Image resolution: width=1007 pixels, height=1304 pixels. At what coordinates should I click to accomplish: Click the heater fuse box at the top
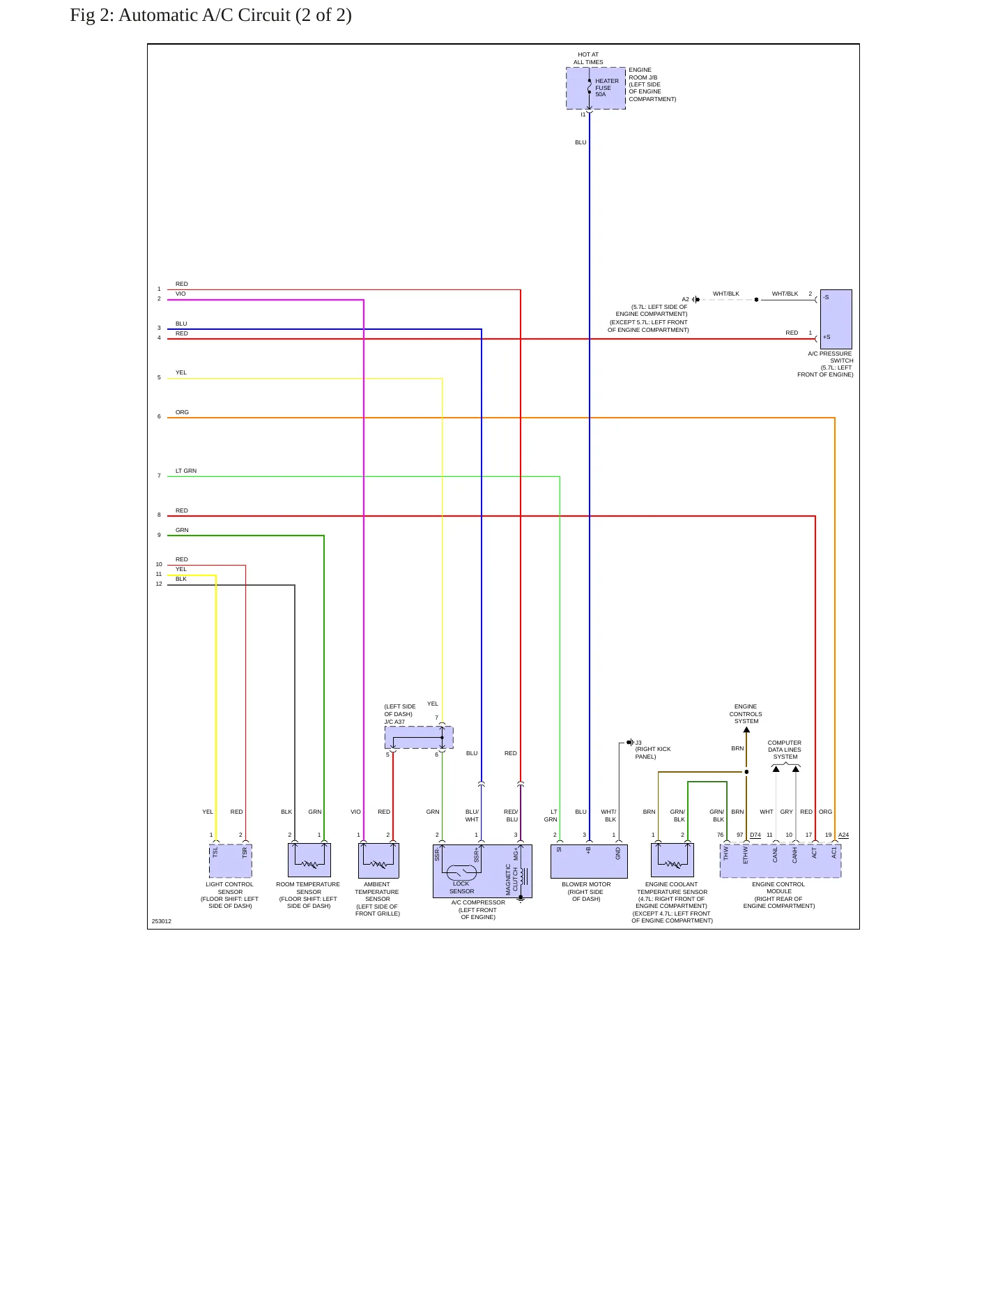tap(596, 89)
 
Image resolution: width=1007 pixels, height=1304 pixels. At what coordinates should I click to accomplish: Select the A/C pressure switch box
tap(836, 319)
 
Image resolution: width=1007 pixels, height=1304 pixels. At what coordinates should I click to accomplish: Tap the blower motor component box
tap(589, 861)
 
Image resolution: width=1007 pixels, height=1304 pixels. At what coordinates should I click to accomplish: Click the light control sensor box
tap(231, 861)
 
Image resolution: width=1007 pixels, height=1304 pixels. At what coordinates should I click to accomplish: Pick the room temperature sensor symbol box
tap(309, 861)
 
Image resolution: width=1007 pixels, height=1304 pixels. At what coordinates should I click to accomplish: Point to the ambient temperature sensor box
tap(378, 861)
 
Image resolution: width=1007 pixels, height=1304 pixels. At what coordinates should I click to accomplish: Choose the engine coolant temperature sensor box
tap(672, 861)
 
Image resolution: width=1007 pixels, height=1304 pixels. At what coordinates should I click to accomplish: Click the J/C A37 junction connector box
tap(419, 737)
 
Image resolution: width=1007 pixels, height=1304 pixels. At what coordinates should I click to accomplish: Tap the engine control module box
tap(781, 861)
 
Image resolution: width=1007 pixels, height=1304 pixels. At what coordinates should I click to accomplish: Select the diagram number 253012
tap(162, 921)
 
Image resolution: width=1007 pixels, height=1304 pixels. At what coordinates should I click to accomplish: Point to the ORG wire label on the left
tap(182, 412)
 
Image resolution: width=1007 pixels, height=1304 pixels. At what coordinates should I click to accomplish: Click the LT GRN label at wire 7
tap(186, 471)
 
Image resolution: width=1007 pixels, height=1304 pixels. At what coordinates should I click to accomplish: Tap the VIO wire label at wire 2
tap(180, 294)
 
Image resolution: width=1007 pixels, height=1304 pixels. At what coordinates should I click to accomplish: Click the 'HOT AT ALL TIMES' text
tap(588, 58)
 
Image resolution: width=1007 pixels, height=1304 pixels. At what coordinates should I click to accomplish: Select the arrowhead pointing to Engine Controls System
tap(746, 730)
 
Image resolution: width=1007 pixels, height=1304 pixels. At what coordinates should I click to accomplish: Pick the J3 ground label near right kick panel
tap(638, 743)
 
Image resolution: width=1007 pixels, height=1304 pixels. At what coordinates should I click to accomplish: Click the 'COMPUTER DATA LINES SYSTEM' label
tap(785, 750)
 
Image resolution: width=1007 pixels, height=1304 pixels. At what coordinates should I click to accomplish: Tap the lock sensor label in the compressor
tap(461, 888)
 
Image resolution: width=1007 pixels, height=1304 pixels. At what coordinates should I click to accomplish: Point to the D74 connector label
tap(755, 835)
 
